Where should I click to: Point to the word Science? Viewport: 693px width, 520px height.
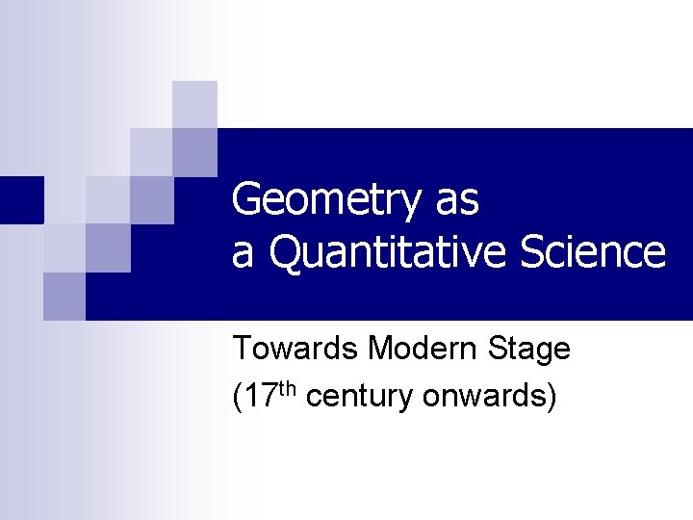pos(592,252)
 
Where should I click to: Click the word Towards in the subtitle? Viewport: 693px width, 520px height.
pos(295,349)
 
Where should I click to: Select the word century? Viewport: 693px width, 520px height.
pos(359,398)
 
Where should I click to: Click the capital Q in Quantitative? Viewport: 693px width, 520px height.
pos(286,252)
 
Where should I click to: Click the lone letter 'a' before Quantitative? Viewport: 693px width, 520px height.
pos(243,254)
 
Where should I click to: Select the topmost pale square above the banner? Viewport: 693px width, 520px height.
pos(194,104)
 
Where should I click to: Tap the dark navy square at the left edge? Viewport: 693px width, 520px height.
pos(21,199)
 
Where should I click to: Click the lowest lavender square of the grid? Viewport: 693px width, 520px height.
pos(64,297)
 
